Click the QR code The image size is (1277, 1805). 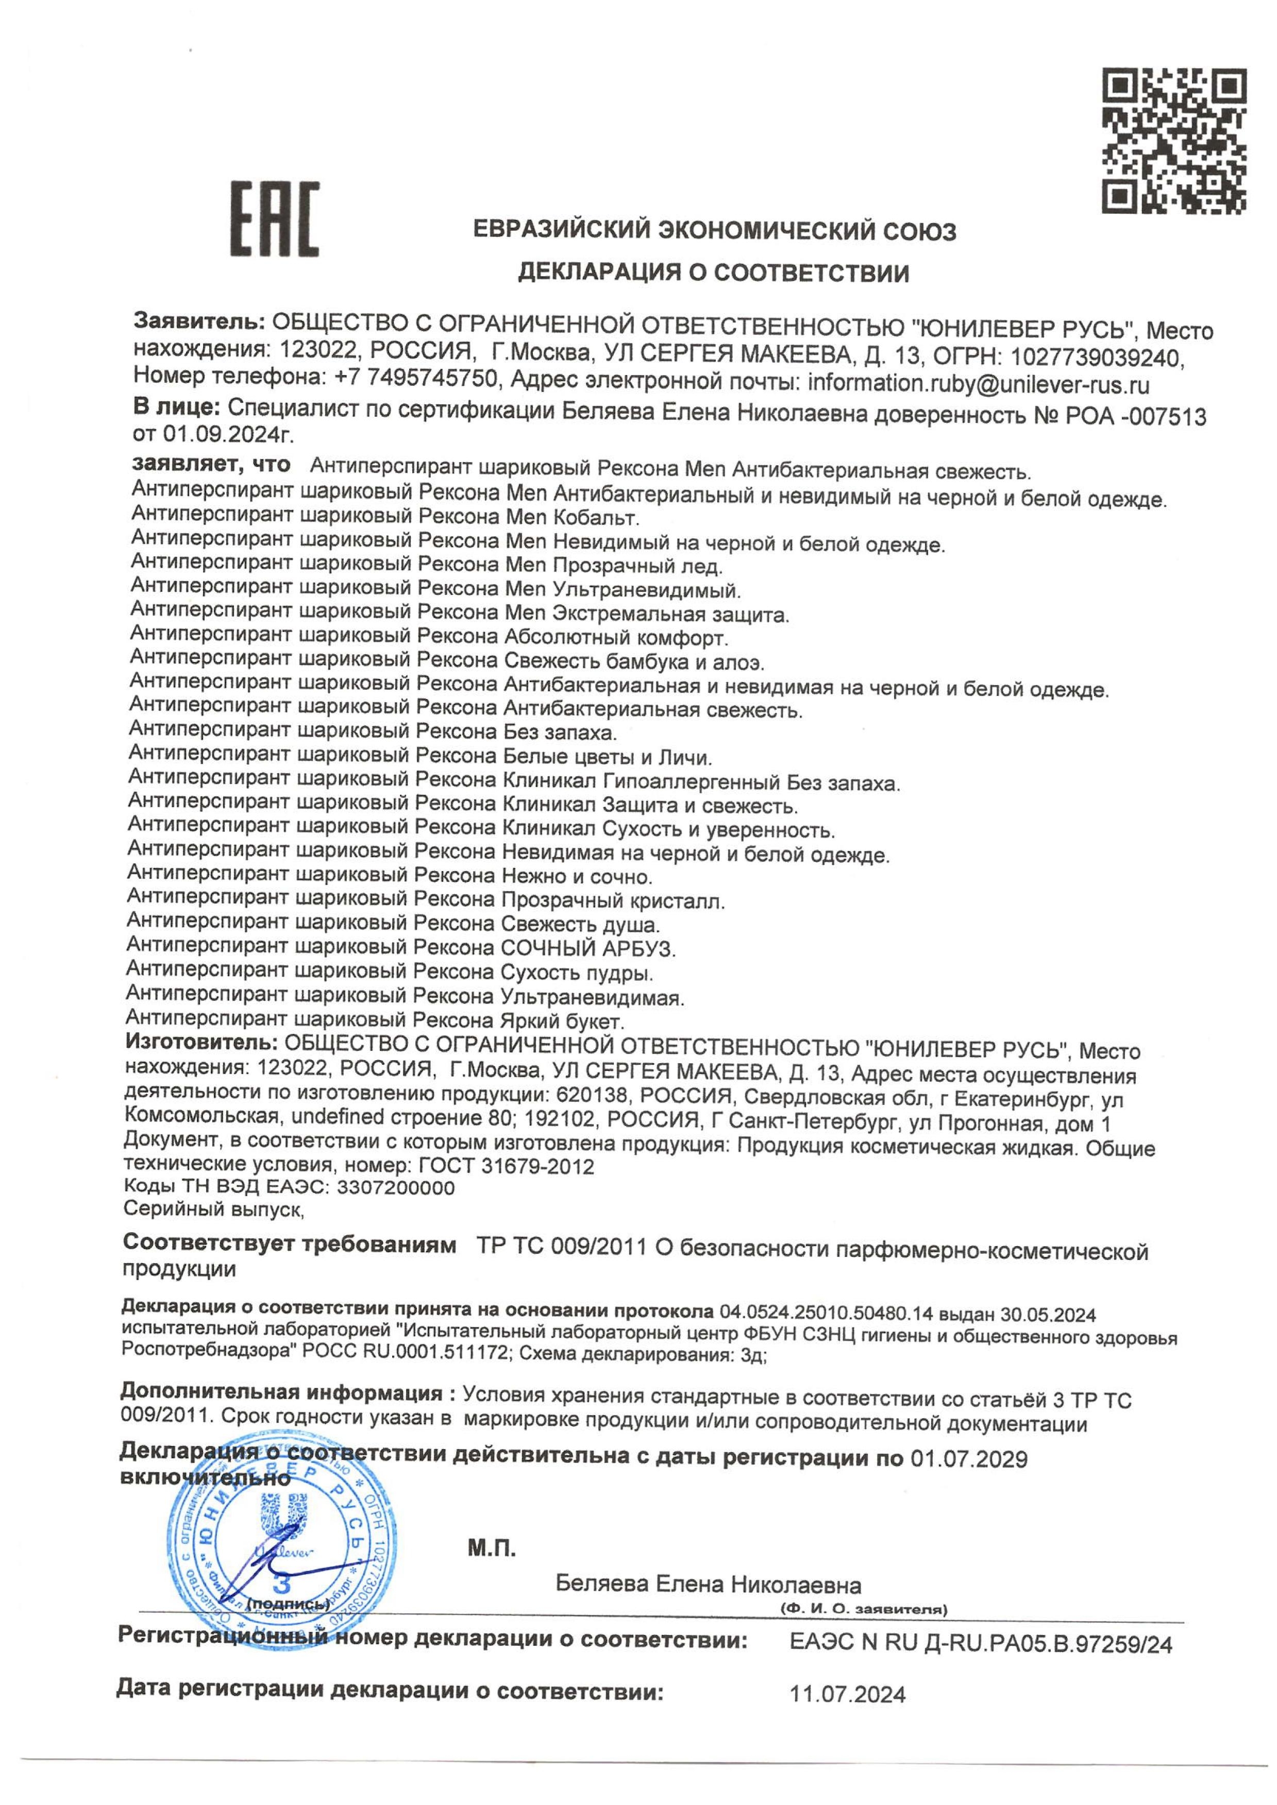click(1174, 142)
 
